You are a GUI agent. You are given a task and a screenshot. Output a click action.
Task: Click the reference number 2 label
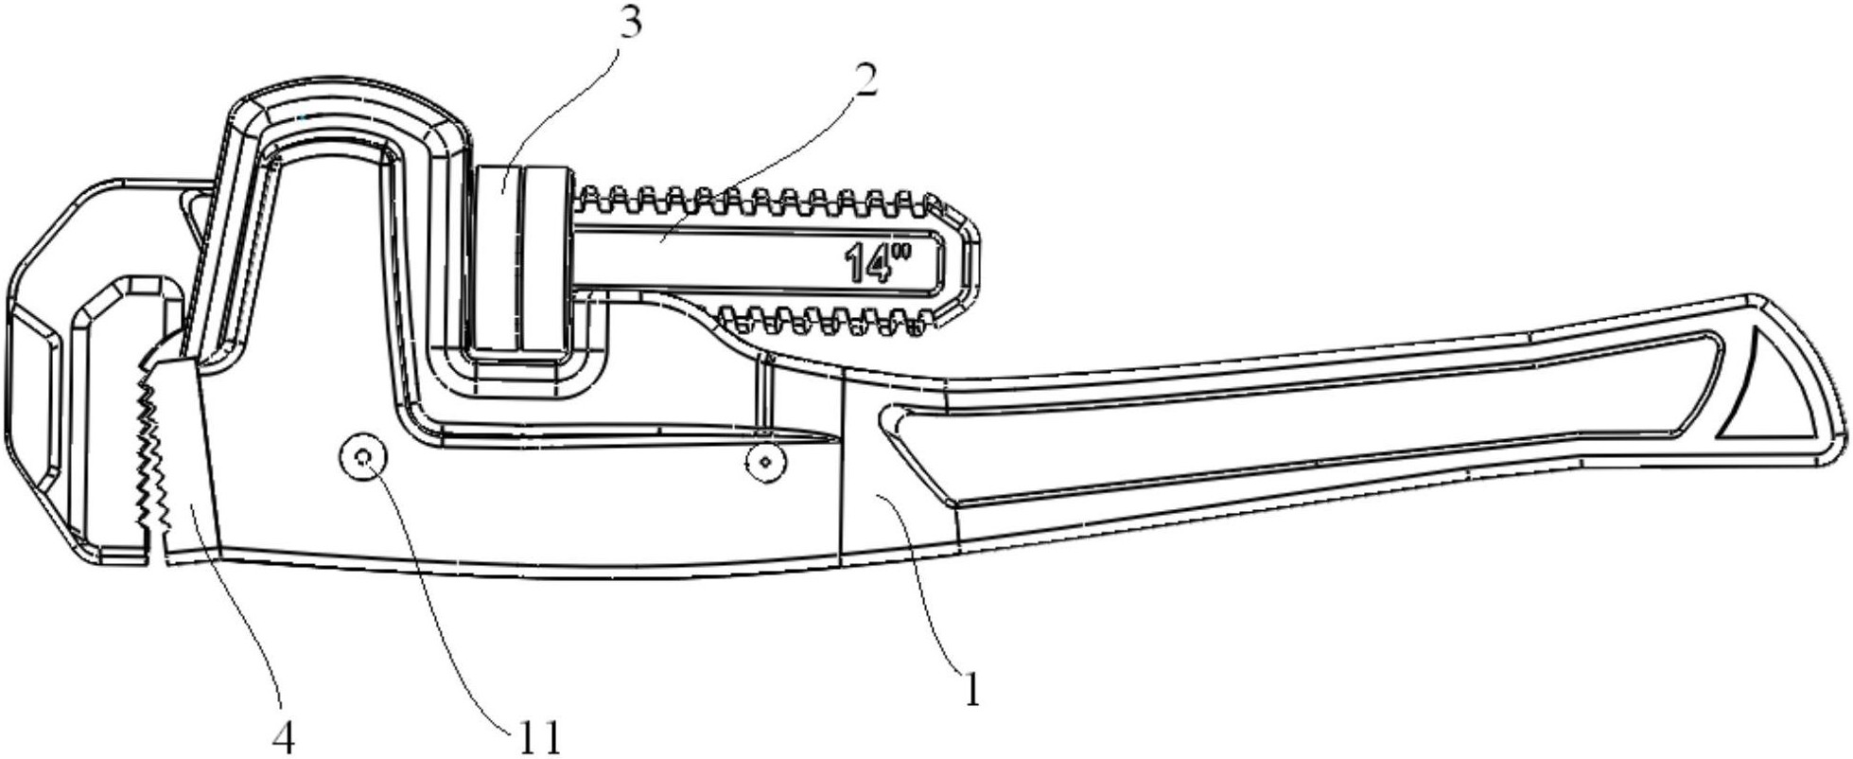click(x=865, y=80)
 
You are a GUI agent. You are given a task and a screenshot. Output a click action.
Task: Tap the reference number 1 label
click(x=971, y=690)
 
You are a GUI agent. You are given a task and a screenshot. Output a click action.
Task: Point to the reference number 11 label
click(x=537, y=738)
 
